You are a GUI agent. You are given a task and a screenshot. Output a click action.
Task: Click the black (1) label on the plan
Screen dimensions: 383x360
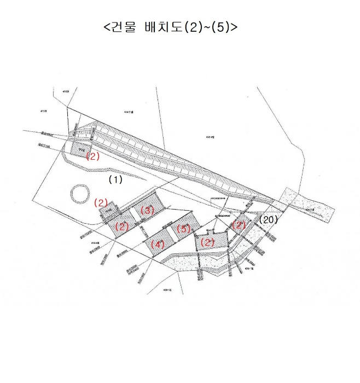coord(115,179)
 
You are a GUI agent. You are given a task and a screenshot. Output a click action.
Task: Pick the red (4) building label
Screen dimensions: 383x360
coord(158,244)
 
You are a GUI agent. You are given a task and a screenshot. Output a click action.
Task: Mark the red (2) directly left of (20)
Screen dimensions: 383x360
coord(239,225)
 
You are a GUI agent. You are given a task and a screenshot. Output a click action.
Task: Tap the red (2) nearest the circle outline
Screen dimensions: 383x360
coord(101,202)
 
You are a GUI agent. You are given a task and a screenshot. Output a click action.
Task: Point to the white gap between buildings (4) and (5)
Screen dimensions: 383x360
coord(171,235)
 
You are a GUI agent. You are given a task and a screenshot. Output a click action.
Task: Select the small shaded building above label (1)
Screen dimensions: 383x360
coord(80,147)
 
